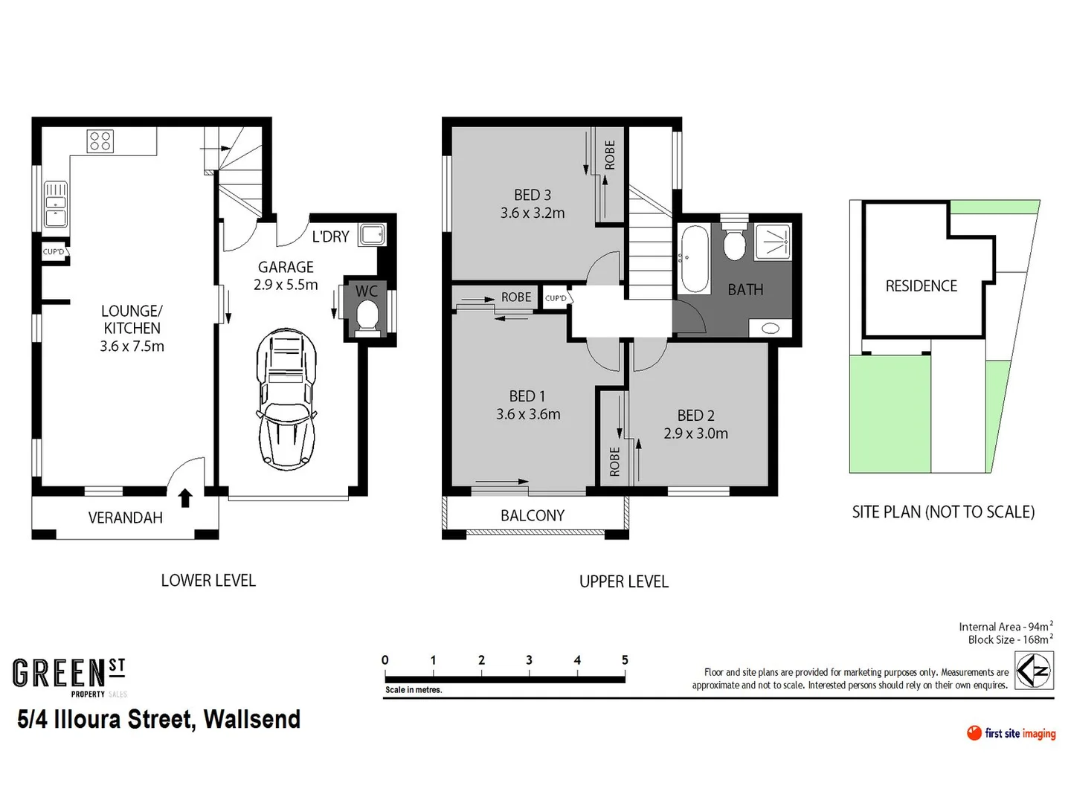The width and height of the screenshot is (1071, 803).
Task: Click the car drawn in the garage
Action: pos(286,399)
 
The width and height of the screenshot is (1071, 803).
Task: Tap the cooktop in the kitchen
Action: pos(100,141)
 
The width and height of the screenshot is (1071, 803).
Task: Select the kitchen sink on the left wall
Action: pos(56,204)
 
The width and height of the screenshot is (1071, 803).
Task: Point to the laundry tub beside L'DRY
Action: pos(372,236)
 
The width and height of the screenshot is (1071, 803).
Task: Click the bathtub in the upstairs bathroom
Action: pos(695,259)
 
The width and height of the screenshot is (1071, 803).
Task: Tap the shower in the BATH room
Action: pos(773,241)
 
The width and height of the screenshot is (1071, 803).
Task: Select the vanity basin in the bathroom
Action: pos(771,328)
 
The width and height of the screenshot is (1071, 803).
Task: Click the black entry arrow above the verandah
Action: pos(185,497)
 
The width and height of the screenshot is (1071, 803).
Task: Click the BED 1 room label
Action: pos(527,396)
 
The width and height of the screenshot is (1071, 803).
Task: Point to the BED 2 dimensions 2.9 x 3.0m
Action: pos(695,433)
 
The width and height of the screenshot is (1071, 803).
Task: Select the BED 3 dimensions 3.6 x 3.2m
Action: pos(533,213)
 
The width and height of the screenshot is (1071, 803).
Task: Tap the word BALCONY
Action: pos(533,515)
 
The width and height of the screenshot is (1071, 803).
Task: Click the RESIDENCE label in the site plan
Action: pos(921,286)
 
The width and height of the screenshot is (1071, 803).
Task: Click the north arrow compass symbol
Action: pos(1034,671)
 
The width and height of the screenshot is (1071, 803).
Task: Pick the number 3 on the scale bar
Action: pos(529,660)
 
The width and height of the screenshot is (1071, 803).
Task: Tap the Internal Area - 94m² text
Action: pos(1005,627)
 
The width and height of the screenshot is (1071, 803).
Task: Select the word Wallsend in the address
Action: pos(252,720)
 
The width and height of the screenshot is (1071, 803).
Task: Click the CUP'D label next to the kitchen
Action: pos(54,252)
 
